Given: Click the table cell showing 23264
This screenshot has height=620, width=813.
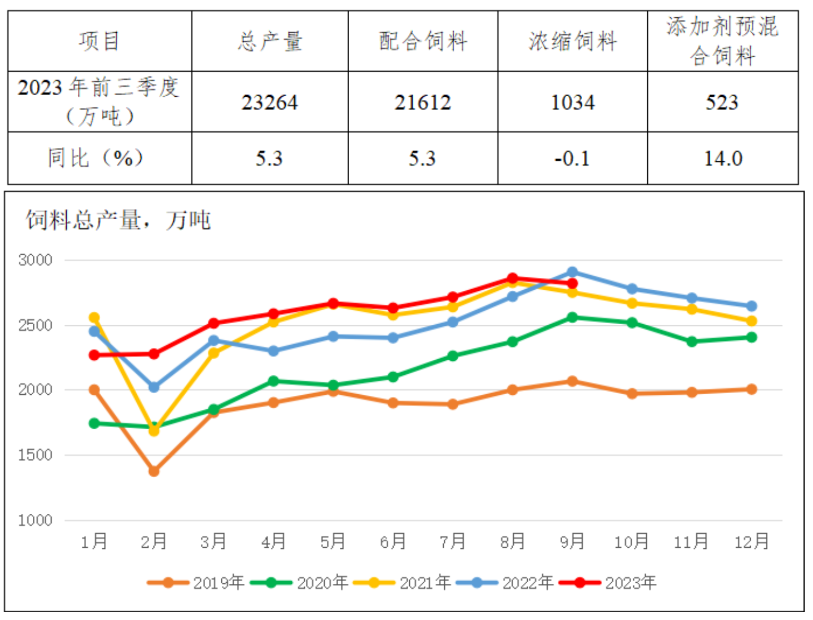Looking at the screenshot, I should point(270,102).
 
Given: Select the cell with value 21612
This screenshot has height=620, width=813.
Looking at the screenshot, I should point(423,102).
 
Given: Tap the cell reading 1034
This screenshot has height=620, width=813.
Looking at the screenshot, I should point(572,102).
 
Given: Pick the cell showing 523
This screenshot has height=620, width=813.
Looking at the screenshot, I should point(722,102).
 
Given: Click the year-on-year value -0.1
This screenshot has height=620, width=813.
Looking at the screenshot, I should point(572,158).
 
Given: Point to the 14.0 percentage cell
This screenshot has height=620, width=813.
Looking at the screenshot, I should point(722,158).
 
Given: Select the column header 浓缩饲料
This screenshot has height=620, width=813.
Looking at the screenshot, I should point(572,41).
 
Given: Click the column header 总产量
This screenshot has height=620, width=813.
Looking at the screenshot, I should point(270,41).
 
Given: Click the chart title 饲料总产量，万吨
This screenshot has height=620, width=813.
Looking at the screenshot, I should point(118,220).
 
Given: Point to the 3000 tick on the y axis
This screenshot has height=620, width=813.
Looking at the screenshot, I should point(35,260).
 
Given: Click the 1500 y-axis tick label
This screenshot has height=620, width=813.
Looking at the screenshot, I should point(35,455).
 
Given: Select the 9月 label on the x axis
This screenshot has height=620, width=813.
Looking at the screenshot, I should point(572,541).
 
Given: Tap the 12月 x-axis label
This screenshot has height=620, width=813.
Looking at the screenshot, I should point(751,541).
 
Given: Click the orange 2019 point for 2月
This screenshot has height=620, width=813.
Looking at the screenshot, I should point(154,471).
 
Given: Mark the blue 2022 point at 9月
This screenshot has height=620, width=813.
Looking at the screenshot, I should point(572,272).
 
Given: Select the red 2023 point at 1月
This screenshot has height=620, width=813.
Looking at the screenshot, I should point(95,355).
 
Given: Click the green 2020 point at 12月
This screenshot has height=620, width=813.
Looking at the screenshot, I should point(751,337).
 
